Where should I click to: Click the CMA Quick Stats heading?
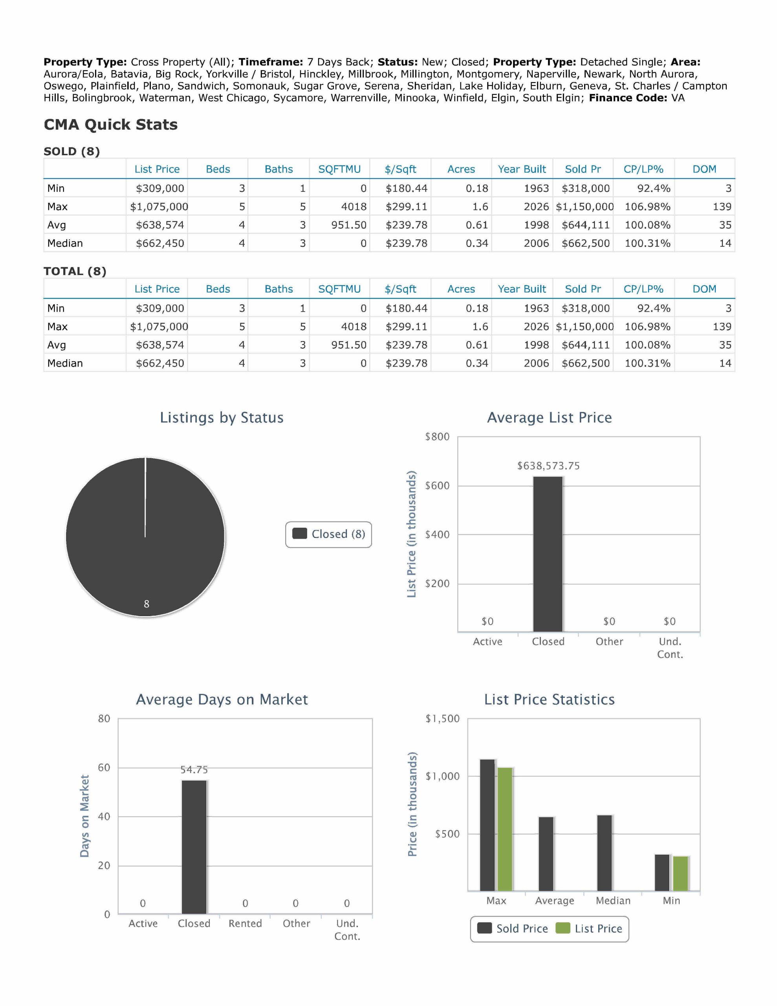click(x=110, y=125)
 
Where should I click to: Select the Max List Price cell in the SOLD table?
click(x=159, y=207)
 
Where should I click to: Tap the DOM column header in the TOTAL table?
click(x=704, y=289)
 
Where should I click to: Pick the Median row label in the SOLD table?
click(x=65, y=243)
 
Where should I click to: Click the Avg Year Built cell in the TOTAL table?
click(x=536, y=345)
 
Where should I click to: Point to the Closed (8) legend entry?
click(x=329, y=534)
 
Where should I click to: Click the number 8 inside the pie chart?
click(x=147, y=604)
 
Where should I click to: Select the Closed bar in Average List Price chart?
click(x=548, y=554)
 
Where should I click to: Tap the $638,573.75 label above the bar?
click(x=548, y=466)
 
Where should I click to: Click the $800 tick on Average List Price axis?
click(x=437, y=437)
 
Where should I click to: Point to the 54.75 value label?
click(x=194, y=770)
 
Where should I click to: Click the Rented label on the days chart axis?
click(x=245, y=923)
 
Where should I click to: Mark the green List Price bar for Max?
click(x=505, y=829)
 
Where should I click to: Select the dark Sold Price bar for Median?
click(x=605, y=853)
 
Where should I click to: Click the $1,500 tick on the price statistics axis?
click(x=442, y=719)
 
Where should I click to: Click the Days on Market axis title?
click(x=84, y=816)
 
